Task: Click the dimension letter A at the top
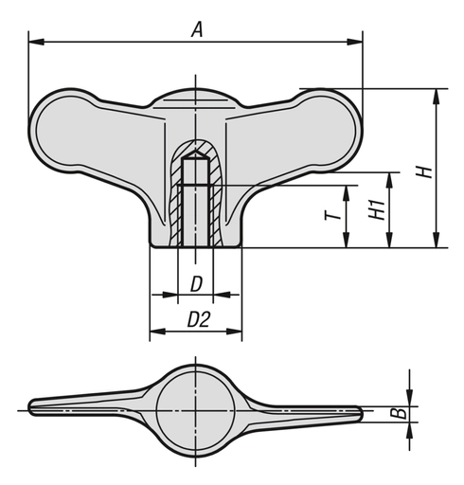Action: pos(197,29)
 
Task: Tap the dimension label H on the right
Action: pos(425,171)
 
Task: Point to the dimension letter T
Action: pos(330,217)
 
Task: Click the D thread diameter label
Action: pos(196,283)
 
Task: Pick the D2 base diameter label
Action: pos(197,320)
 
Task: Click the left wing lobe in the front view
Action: pos(71,133)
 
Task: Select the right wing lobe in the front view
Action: pos(322,133)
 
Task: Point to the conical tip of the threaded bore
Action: pos(196,152)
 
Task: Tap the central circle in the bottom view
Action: pos(196,408)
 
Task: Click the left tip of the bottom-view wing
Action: pos(33,407)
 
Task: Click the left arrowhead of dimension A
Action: pos(35,41)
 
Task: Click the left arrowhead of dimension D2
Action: pos(155,332)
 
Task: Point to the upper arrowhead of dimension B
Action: pos(409,397)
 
